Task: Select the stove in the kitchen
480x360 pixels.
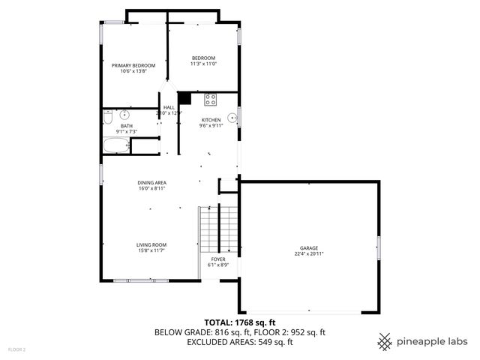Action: (x=211, y=99)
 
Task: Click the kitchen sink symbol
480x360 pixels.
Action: (x=232, y=118)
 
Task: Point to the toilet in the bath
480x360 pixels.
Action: (x=108, y=117)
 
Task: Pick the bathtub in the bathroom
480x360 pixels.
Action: (x=116, y=145)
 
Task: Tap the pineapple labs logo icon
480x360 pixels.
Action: (x=385, y=341)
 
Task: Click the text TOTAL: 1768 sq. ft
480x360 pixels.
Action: (x=239, y=322)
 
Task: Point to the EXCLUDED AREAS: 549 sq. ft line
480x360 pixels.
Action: (x=239, y=342)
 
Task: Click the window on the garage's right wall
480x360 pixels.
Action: (x=379, y=247)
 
